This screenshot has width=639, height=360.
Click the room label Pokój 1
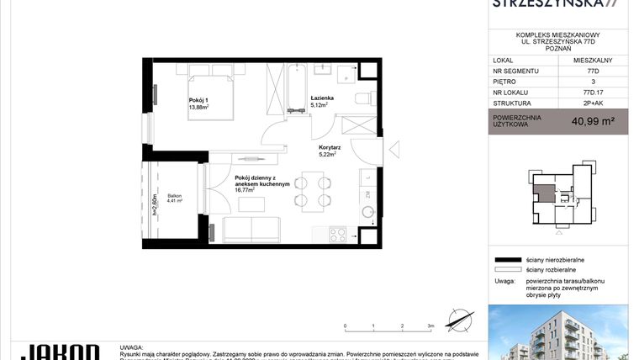[198, 99]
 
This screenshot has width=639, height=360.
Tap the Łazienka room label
[322, 98]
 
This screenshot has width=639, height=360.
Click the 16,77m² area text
[245, 190]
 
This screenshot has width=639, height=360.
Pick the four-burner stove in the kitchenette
[337, 235]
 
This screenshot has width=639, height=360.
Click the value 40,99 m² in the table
[593, 121]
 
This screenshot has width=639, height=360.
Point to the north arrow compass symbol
[457, 320]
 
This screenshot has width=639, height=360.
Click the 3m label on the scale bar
[429, 326]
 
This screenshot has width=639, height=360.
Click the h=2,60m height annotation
[155, 205]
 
